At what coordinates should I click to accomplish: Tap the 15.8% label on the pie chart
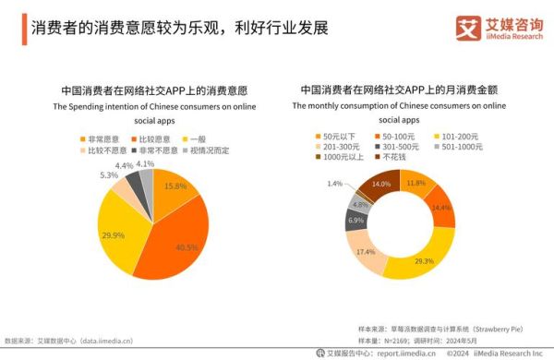pos(175,186)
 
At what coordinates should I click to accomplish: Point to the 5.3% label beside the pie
pos(108,174)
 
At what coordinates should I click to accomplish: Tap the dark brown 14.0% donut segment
pos(379,186)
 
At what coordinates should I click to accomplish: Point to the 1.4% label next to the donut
pos(334,184)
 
